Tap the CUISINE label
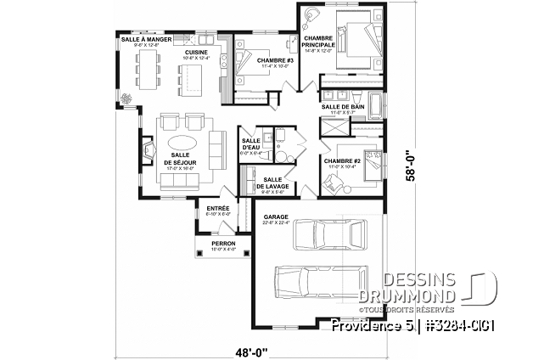[x=197, y=52]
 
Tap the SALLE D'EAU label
[x=251, y=144]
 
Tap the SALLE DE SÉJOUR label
[x=181, y=159]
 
